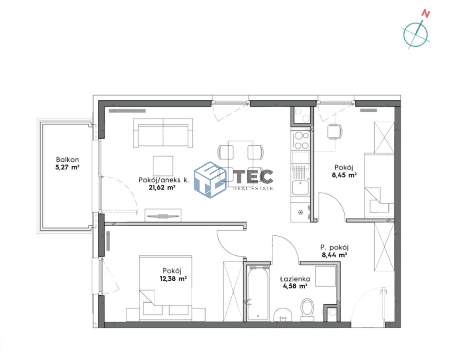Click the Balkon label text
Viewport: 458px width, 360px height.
(68, 160)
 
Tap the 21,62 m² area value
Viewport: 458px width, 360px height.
(162, 188)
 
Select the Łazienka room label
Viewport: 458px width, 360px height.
(295, 279)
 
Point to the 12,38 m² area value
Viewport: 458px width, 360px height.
(173, 278)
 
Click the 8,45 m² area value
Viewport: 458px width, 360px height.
(344, 175)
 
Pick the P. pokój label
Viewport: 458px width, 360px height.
(334, 247)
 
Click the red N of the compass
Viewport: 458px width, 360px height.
(426, 14)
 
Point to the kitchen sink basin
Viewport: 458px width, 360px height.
(300, 188)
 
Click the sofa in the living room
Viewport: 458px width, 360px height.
(163, 133)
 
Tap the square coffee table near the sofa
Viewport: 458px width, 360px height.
(163, 166)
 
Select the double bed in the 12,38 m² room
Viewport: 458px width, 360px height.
(166, 288)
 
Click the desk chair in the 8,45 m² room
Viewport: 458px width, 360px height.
(335, 132)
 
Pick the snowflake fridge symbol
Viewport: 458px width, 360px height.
(300, 212)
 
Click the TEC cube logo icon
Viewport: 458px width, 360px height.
(210, 180)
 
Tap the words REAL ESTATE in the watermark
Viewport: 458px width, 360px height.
(253, 188)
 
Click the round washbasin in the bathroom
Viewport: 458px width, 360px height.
(283, 315)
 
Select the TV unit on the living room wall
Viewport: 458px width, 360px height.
(163, 215)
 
